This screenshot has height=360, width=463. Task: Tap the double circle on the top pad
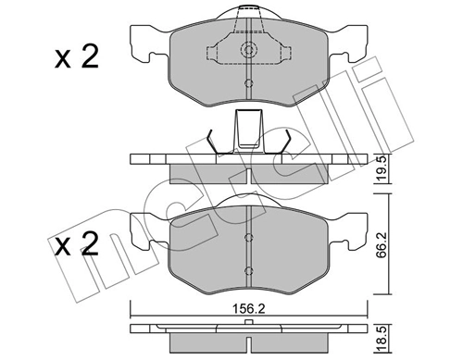[x=247, y=52]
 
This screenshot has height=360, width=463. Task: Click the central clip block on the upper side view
[x=247, y=130]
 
